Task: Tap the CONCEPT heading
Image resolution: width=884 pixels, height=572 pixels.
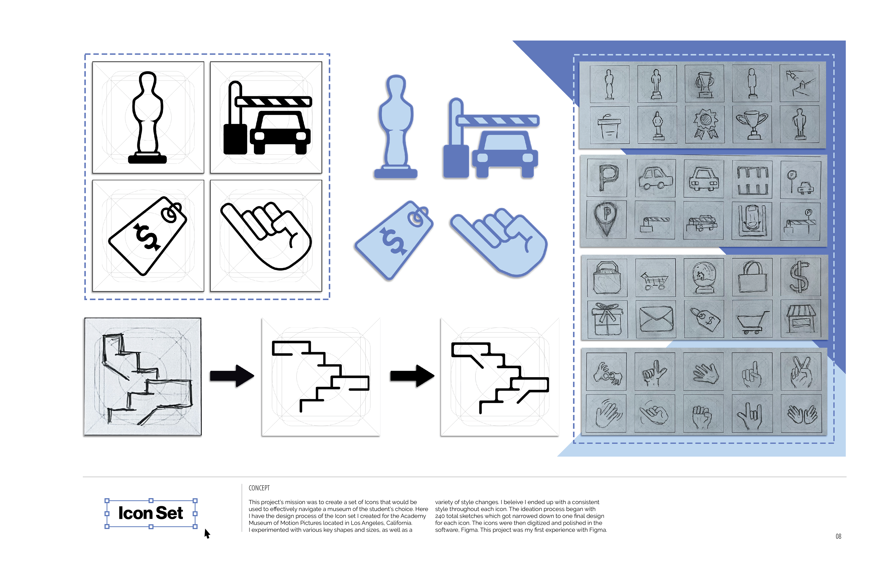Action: (259, 488)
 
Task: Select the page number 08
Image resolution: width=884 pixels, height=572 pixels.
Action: (838, 536)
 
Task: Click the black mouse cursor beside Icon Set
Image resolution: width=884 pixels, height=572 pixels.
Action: (207, 534)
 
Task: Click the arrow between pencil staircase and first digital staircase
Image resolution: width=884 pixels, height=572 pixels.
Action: (232, 376)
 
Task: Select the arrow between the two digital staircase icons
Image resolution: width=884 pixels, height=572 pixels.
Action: (412, 376)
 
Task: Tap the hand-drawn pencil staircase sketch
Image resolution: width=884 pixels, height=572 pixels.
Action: (143, 377)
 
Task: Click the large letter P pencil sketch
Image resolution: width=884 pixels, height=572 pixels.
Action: (607, 177)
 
